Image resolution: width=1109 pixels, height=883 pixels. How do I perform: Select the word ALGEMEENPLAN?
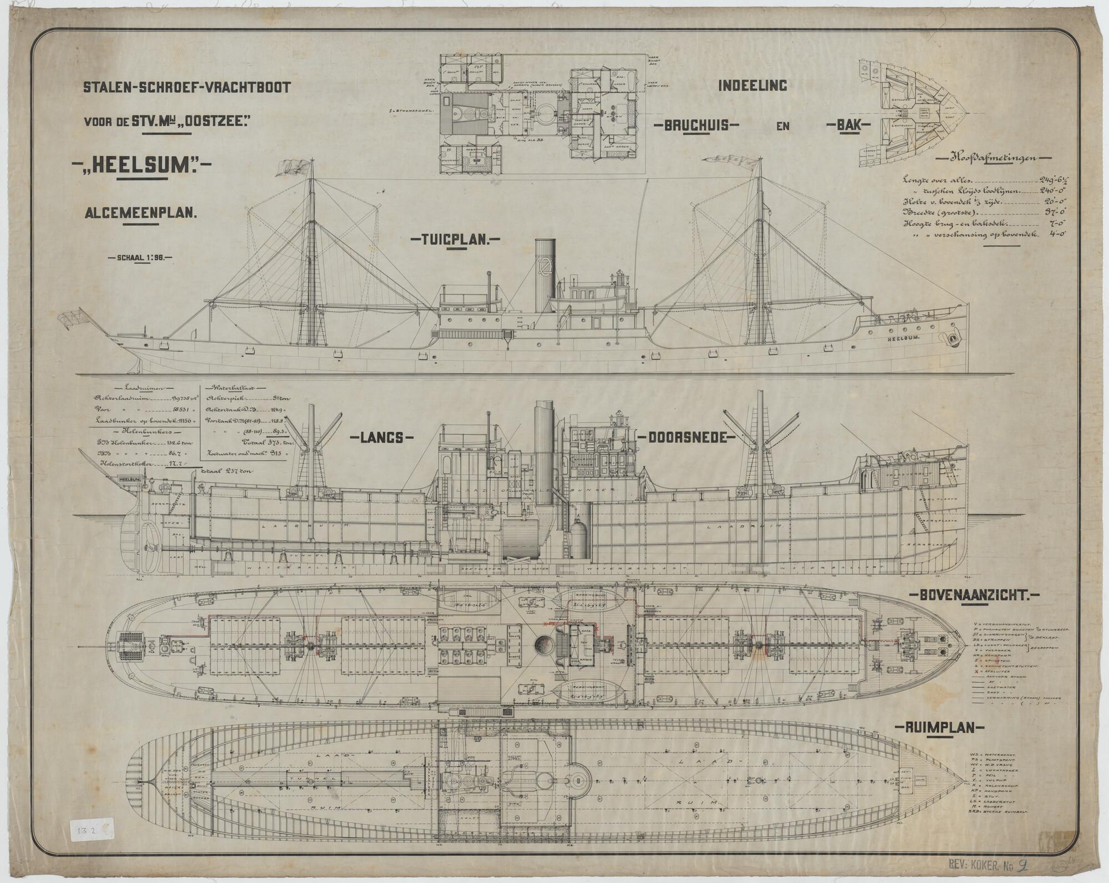[141, 211]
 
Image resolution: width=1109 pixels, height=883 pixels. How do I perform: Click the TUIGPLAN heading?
[455, 240]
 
